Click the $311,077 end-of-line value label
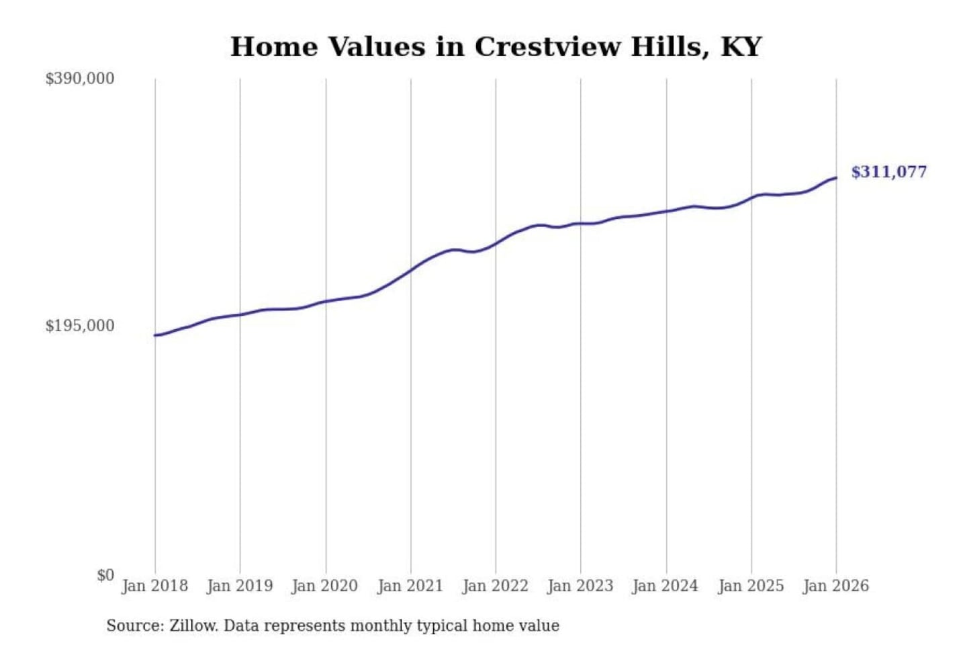tap(888, 172)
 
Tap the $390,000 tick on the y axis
tap(80, 79)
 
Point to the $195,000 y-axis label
tap(80, 326)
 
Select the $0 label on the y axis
tap(105, 575)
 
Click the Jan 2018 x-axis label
tap(154, 586)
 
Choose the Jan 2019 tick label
tap(240, 586)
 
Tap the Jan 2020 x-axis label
tap(325, 586)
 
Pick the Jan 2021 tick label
tap(410, 586)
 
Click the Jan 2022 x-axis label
tap(496, 586)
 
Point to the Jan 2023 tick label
tap(581, 586)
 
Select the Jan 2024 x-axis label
tap(665, 586)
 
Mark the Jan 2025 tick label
tap(751, 586)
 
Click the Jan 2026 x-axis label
tap(836, 586)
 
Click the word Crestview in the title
tap(547, 47)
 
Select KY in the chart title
tap(741, 47)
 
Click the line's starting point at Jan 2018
tap(155, 335)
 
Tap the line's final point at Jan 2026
tap(836, 178)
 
